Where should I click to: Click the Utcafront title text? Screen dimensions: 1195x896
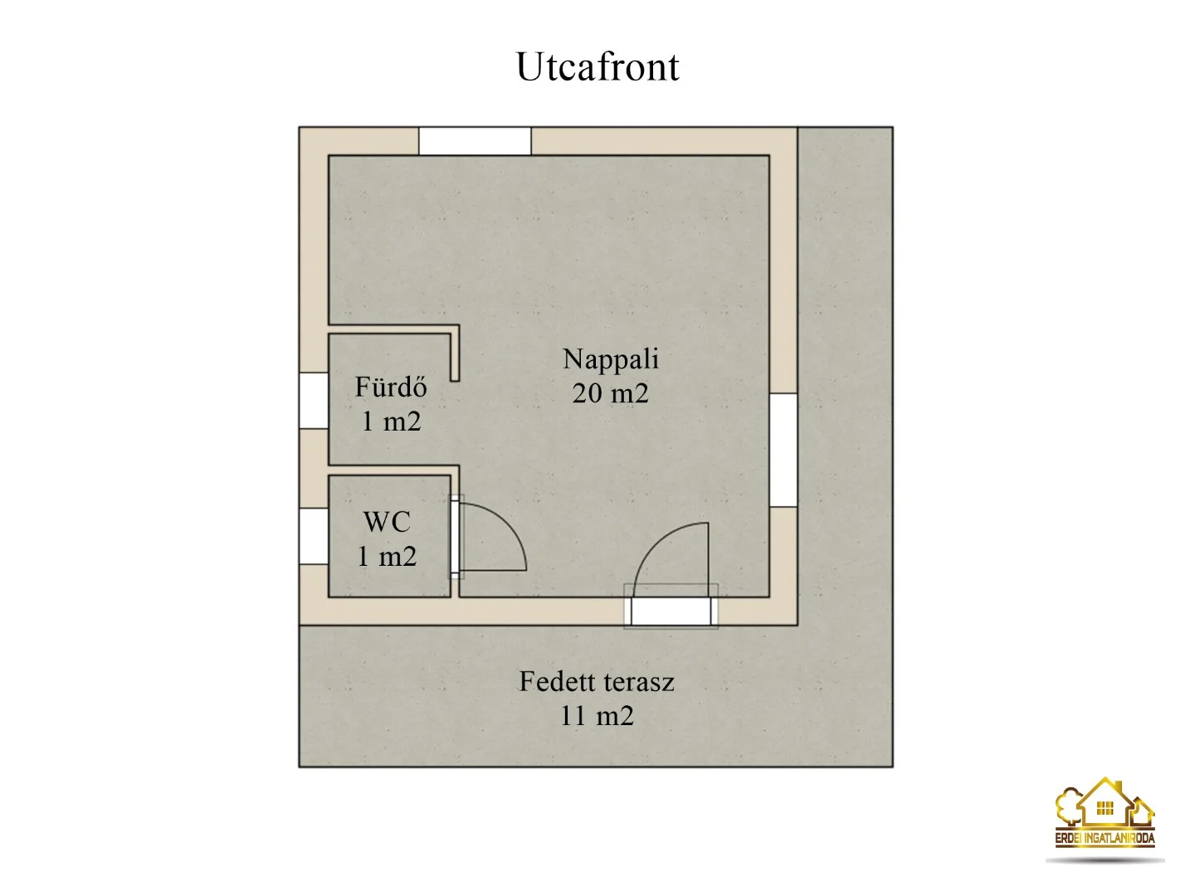point(597,67)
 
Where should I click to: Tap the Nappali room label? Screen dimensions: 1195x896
point(610,359)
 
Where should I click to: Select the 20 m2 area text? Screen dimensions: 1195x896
point(610,393)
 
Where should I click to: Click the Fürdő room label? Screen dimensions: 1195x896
point(390,387)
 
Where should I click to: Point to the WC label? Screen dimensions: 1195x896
point(387,523)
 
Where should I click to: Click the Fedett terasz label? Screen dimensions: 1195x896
point(597,682)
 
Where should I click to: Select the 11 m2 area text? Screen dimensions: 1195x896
point(597,716)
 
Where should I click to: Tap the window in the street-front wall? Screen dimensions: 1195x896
point(475,141)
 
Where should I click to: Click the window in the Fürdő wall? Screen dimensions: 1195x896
point(314,401)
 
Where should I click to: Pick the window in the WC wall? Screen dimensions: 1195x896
point(314,537)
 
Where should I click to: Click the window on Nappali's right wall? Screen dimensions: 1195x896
point(783,450)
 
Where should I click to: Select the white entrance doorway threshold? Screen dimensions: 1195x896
point(671,611)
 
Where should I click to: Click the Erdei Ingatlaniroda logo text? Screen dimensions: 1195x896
point(1105,838)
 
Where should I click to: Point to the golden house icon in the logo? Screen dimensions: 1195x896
point(1105,803)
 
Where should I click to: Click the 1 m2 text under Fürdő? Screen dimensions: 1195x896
point(391,421)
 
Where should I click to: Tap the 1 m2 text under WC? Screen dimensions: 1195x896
point(387,557)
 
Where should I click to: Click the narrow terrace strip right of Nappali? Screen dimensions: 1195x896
point(846,375)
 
